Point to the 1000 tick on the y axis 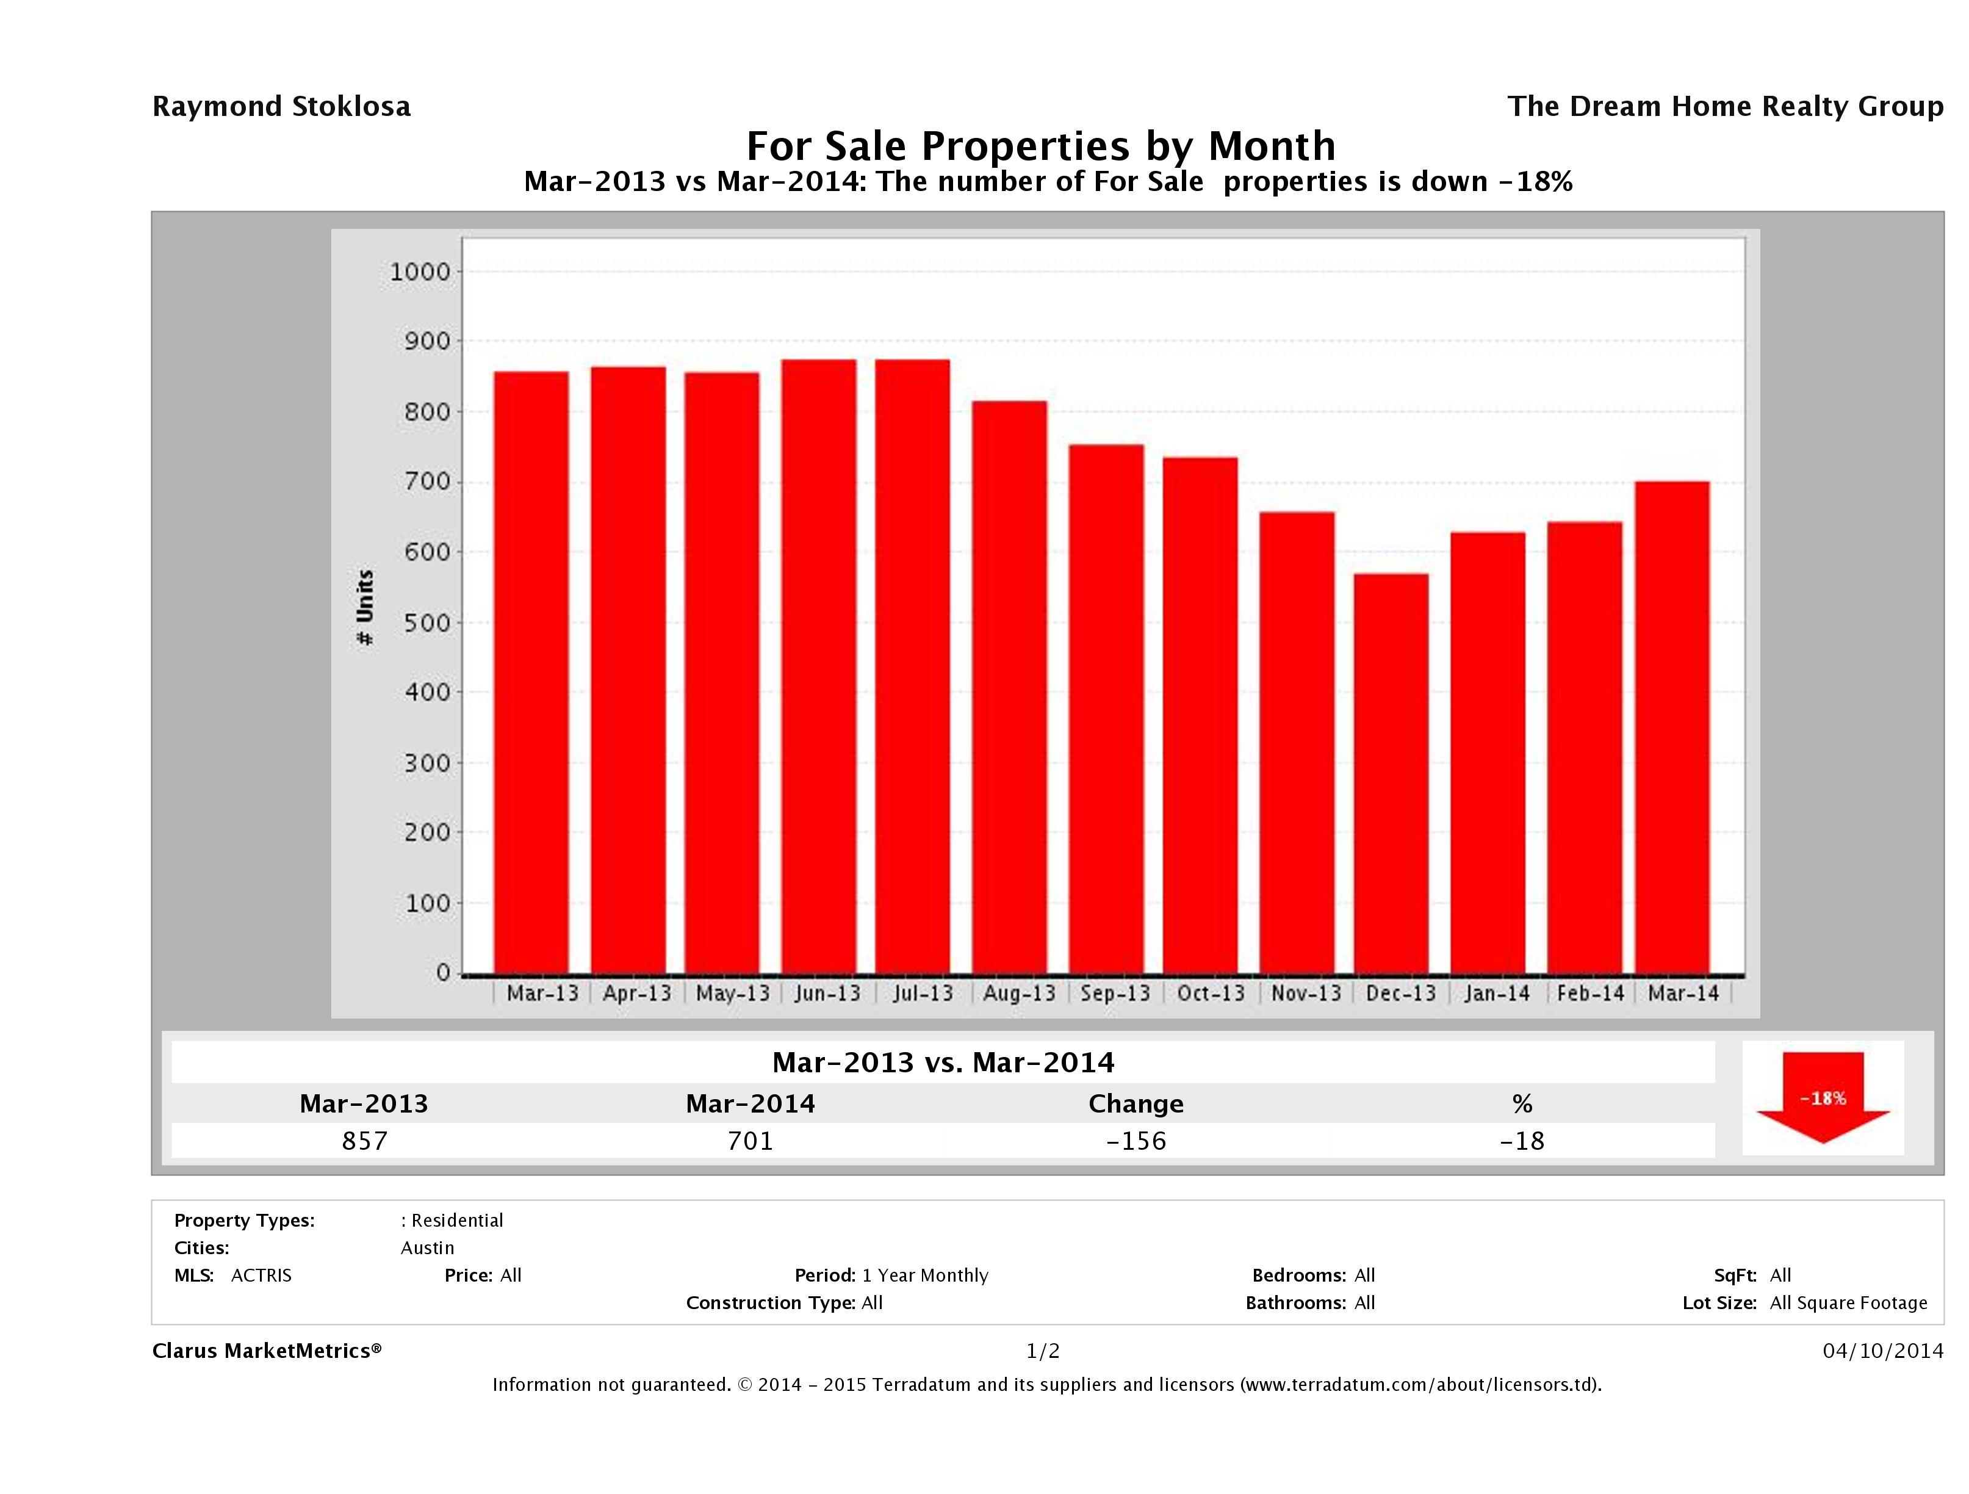[420, 272]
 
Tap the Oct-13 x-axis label [1211, 993]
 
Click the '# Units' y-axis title [365, 607]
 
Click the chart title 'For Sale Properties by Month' [1040, 145]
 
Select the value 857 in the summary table [364, 1141]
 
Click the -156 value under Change [1136, 1141]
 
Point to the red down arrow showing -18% [1822, 1098]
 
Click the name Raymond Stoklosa [281, 107]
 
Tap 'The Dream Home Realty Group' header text [1725, 107]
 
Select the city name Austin [427, 1248]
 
